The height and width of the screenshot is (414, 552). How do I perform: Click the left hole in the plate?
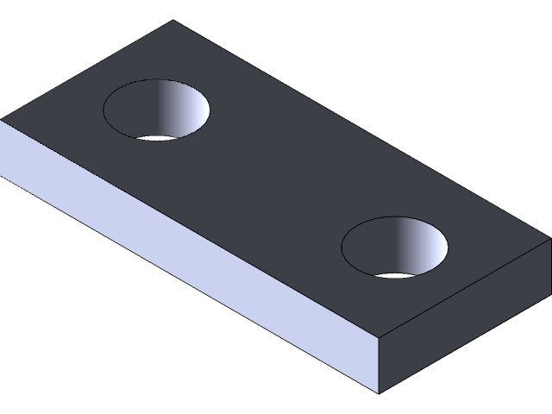[156, 110]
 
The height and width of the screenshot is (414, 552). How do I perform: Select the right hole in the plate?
[395, 248]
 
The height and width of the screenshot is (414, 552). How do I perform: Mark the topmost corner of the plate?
[173, 21]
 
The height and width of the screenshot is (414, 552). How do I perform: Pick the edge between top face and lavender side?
[190, 229]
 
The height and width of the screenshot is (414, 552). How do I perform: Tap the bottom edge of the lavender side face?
[190, 284]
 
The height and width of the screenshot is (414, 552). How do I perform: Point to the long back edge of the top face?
[362, 132]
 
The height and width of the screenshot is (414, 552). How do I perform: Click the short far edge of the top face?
[86, 70]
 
